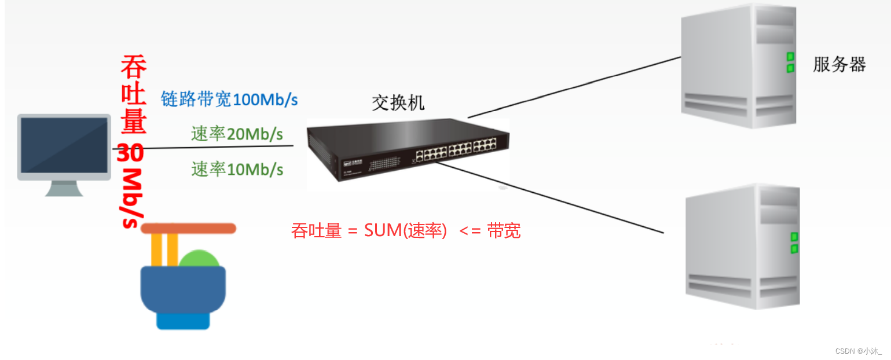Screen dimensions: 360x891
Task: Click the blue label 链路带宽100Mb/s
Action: coord(229,100)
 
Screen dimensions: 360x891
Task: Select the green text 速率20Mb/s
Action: coord(237,134)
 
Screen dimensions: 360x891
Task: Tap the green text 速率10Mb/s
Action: coord(237,169)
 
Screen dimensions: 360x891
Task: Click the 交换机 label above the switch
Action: coord(398,102)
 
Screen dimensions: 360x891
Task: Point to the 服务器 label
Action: coord(839,64)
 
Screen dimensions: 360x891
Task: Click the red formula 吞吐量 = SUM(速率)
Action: coord(369,230)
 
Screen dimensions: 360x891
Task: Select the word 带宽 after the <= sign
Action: coord(504,230)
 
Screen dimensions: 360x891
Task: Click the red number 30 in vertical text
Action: coord(132,154)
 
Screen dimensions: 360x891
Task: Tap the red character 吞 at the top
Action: coord(133,67)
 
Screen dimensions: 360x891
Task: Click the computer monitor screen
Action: coord(64,145)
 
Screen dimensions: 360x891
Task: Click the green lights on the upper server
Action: coord(790,63)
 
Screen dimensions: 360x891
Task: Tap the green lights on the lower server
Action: coord(794,243)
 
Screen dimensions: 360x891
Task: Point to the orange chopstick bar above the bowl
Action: coord(189,228)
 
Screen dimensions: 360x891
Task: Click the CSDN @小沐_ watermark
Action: coord(859,351)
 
